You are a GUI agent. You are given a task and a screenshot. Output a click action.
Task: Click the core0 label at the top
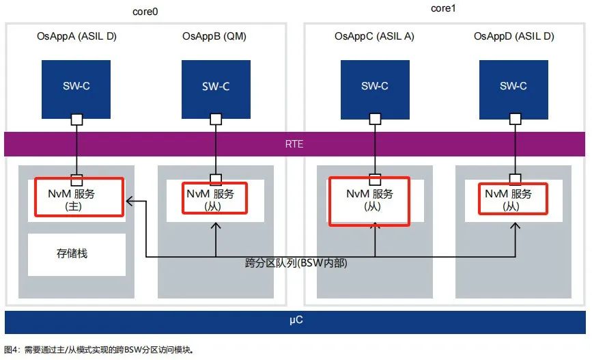click(x=145, y=12)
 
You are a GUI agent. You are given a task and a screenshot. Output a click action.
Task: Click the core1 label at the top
click(x=443, y=8)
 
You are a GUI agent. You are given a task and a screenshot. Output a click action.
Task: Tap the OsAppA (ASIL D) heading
click(x=76, y=36)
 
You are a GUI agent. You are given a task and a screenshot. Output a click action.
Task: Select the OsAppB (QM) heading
click(x=214, y=36)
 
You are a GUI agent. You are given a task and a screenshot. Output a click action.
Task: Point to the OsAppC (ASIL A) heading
click(x=374, y=36)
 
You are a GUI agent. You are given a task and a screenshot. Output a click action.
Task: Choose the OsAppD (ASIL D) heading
click(x=514, y=36)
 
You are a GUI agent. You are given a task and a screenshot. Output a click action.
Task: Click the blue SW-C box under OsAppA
click(x=76, y=89)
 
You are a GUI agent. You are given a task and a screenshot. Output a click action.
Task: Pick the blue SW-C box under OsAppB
click(x=216, y=89)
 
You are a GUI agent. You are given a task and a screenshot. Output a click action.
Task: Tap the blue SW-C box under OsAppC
click(x=375, y=89)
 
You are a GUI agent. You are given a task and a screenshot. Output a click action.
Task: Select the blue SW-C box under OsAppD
click(x=513, y=89)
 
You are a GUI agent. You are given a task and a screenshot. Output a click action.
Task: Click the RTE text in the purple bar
click(x=294, y=144)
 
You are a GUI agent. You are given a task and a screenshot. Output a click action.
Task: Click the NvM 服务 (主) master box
click(x=79, y=197)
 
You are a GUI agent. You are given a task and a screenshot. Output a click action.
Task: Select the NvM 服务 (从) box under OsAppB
click(x=214, y=198)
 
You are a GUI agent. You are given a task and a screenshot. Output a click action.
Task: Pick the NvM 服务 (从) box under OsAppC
click(x=369, y=202)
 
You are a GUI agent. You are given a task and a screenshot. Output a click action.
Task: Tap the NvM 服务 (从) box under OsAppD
click(x=513, y=199)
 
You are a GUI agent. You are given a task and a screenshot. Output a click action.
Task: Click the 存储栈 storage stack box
click(x=76, y=255)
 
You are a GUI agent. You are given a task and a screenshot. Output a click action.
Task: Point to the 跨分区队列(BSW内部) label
click(x=296, y=263)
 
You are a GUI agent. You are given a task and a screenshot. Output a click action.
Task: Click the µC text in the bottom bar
click(x=296, y=320)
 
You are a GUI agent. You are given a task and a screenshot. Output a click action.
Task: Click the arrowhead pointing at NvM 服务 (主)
click(x=130, y=202)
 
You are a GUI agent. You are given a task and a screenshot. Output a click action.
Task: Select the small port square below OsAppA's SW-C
click(x=77, y=120)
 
